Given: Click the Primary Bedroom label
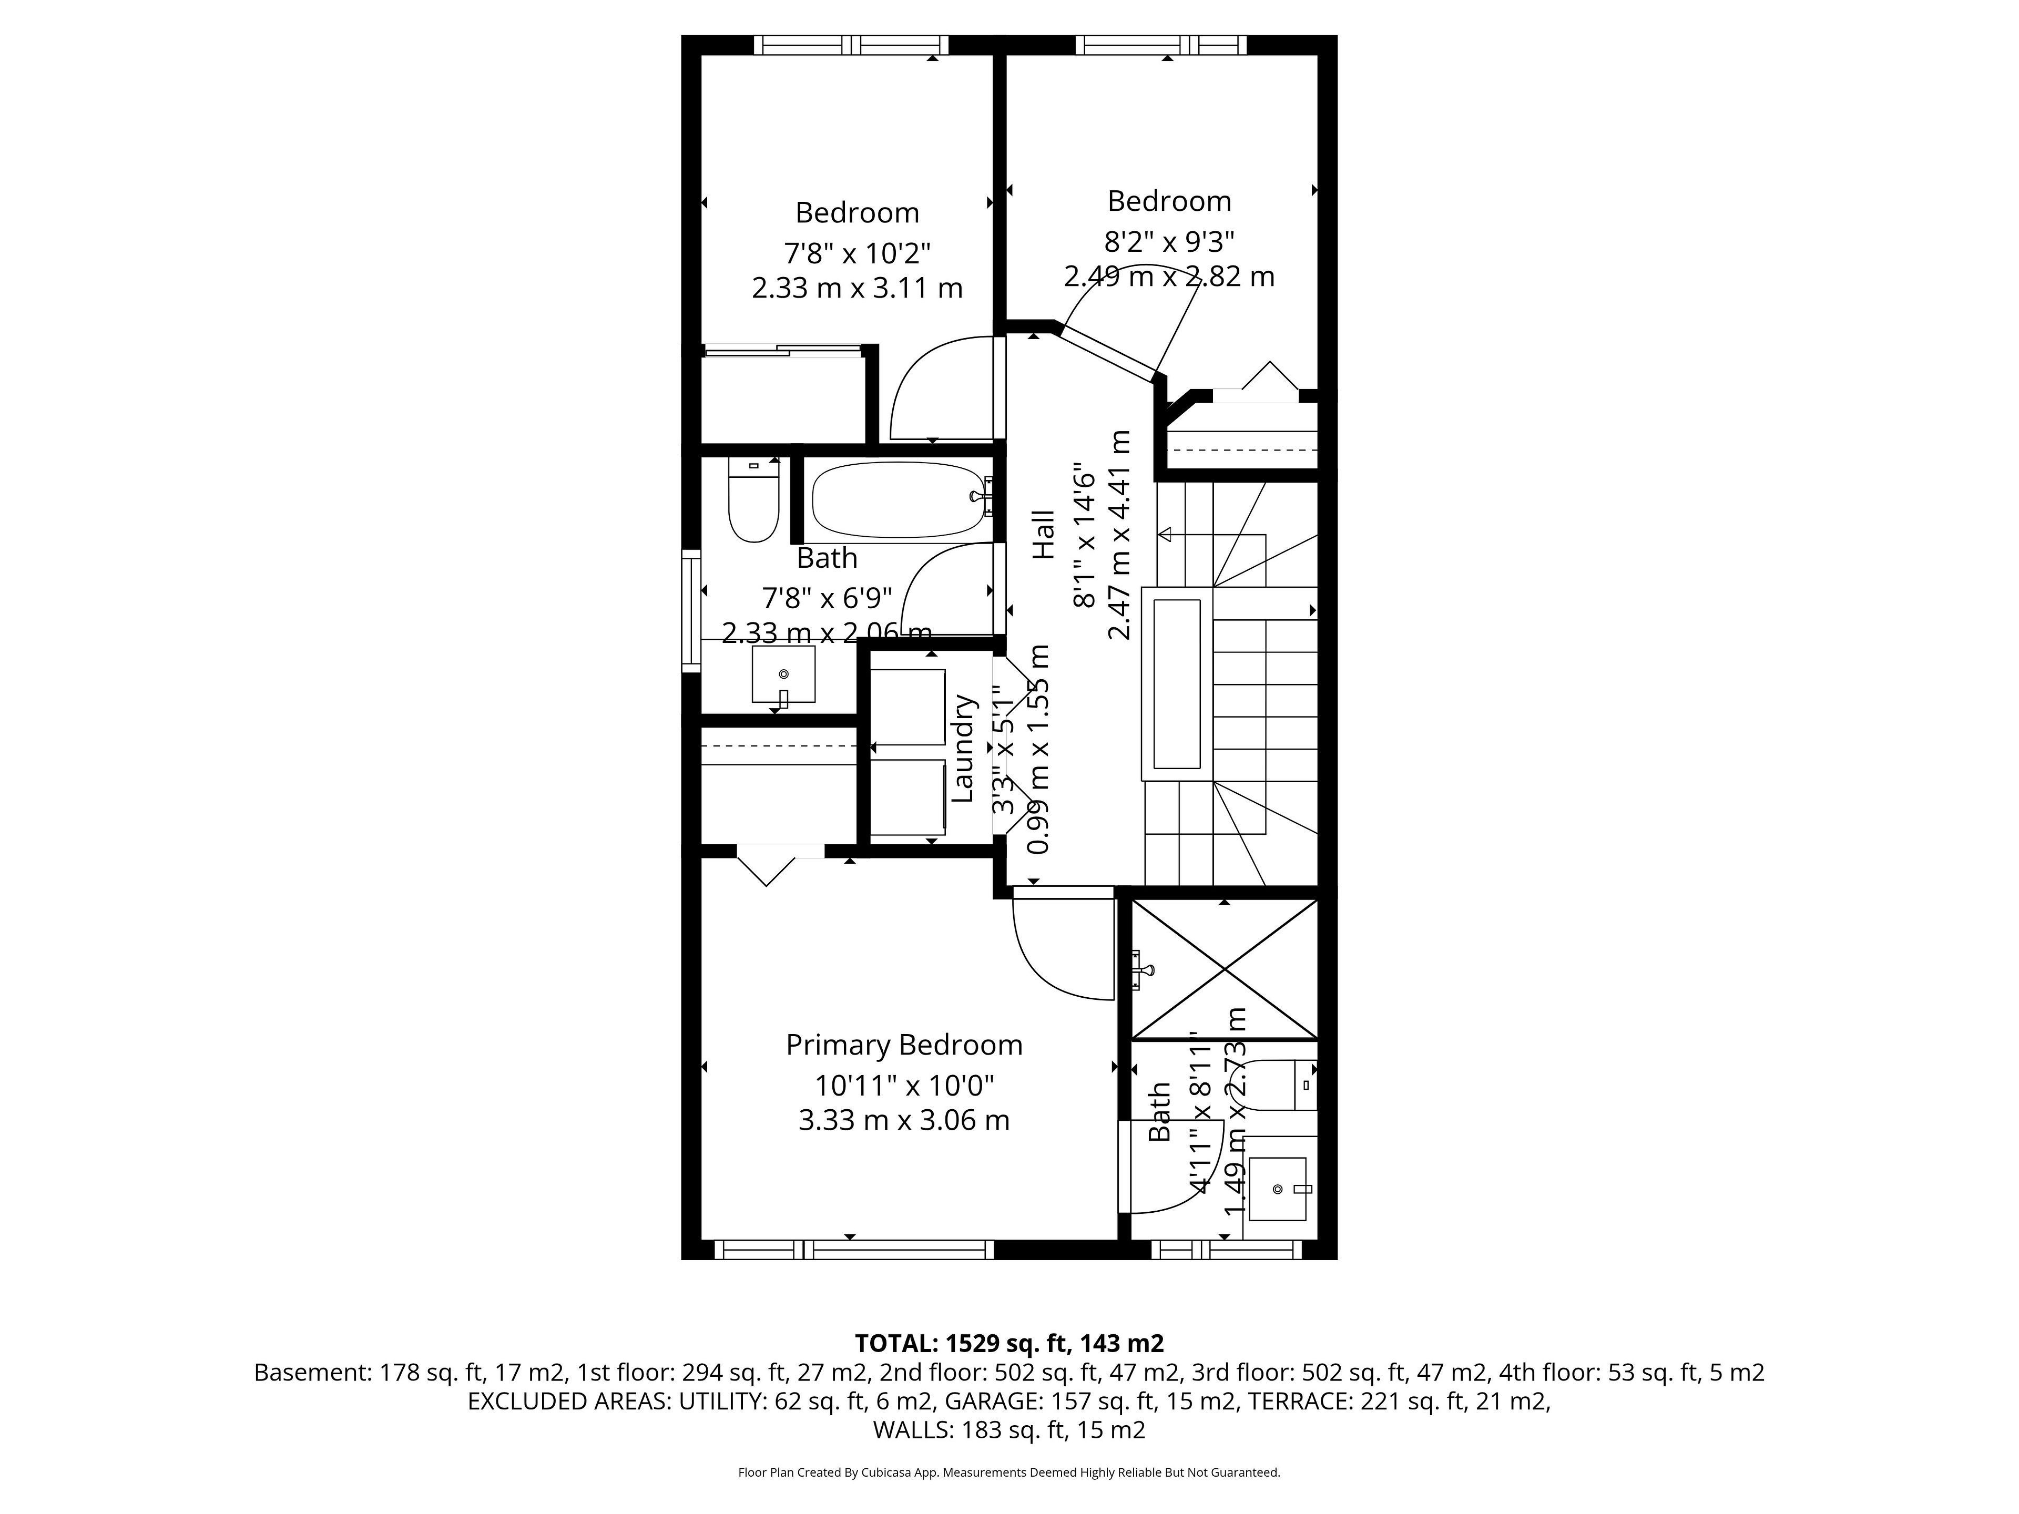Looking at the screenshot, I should tap(904, 1045).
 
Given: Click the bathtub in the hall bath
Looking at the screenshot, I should tap(896, 500).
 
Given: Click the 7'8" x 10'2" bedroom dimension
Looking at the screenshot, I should tap(857, 252).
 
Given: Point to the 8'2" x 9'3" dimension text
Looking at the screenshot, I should tap(1169, 242).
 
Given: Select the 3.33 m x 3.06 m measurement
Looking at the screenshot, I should tap(904, 1120).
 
